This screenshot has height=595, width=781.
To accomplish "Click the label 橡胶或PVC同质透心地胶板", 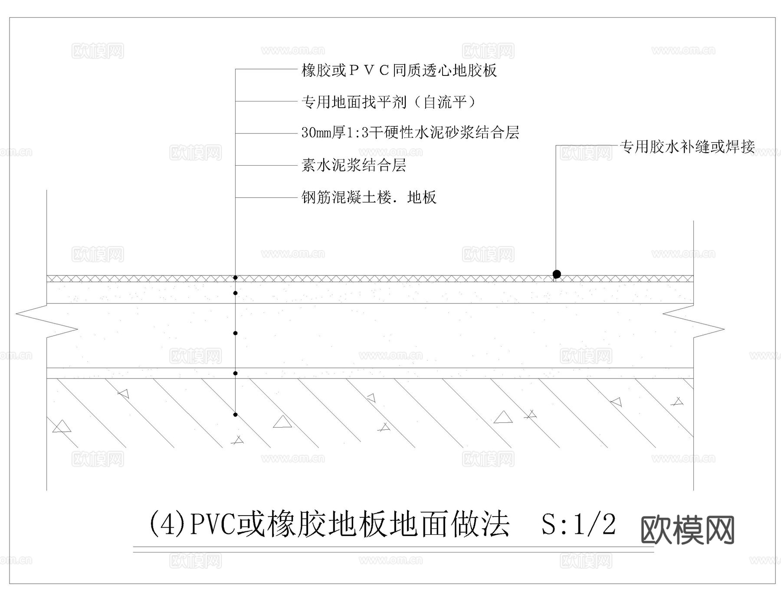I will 399,70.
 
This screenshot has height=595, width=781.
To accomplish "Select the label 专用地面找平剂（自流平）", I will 389,102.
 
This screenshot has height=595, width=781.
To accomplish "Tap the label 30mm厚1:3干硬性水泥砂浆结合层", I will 410,133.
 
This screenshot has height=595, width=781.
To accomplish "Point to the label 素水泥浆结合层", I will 354,165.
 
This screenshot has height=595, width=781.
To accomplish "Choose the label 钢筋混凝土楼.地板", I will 369,198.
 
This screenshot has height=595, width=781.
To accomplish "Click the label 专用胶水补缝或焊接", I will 688,147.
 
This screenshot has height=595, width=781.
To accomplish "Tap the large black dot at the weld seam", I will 557,274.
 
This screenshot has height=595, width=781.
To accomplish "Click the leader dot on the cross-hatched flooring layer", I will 235,278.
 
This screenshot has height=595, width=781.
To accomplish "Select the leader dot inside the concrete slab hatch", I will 235,415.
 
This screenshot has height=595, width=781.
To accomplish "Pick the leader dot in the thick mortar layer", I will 235,333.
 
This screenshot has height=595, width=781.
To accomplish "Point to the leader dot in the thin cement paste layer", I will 235,373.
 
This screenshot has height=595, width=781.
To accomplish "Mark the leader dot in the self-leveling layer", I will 235,293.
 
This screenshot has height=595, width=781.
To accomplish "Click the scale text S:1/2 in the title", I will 578,524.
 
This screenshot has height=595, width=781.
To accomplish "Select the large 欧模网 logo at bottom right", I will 687,530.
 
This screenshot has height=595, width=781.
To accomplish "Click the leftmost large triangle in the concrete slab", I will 61,426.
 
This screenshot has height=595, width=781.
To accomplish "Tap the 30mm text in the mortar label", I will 316,133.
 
